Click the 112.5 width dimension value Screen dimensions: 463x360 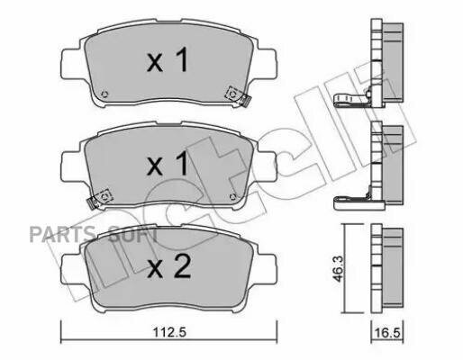click(x=169, y=332)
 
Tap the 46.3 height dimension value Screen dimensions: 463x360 click(x=339, y=269)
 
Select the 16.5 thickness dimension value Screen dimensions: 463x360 click(x=387, y=333)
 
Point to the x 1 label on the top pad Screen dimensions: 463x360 click(x=168, y=59)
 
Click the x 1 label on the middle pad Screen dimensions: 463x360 click(x=168, y=163)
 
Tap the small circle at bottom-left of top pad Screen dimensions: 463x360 click(x=104, y=94)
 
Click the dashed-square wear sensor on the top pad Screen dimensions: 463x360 click(x=234, y=94)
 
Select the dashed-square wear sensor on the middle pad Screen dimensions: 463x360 click(x=103, y=197)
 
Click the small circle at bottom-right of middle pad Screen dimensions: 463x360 click(x=232, y=196)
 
